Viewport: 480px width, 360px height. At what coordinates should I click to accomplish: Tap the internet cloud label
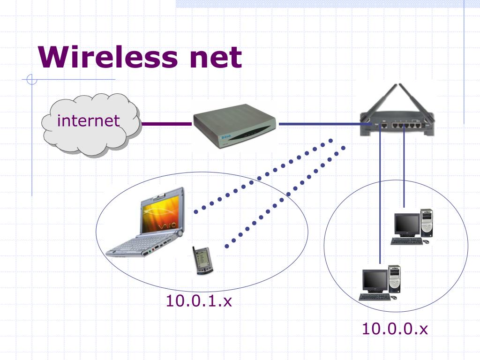88,120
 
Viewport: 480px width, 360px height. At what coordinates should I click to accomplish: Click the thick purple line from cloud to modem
166,124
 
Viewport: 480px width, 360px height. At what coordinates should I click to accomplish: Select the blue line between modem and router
319,124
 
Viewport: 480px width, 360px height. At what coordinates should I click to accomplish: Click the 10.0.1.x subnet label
199,300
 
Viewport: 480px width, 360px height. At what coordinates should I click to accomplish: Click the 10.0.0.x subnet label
395,329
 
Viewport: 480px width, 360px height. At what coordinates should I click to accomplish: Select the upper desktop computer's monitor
406,225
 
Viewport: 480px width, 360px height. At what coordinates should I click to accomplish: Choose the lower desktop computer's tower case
395,279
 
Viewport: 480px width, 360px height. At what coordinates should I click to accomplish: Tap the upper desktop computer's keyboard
406,241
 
